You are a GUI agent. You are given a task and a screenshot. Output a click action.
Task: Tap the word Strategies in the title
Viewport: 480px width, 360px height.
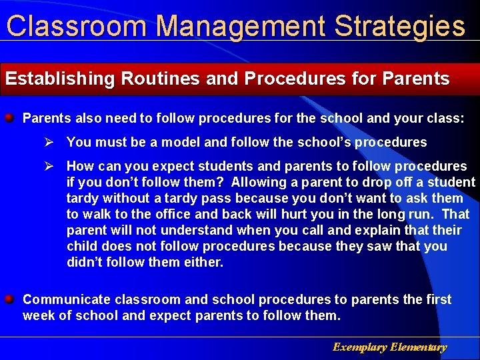tap(399, 26)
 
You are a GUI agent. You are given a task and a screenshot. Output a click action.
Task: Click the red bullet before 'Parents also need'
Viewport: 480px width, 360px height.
tap(10, 118)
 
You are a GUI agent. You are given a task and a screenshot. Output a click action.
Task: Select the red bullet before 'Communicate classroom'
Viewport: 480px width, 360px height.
tap(10, 299)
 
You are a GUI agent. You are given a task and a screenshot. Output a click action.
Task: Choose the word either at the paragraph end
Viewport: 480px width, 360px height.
tap(204, 262)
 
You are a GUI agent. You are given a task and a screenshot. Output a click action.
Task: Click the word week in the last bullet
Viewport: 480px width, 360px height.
tap(38, 315)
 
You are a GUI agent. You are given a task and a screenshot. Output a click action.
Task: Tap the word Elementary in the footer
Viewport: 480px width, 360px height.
tap(419, 347)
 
